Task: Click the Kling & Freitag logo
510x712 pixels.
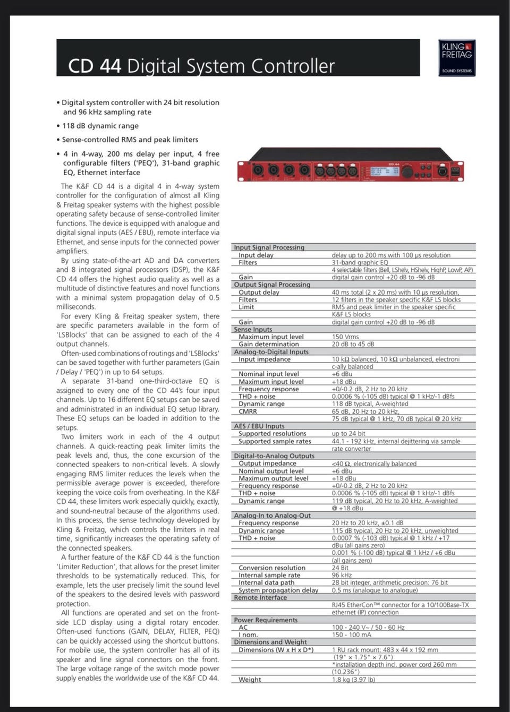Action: (x=456, y=57)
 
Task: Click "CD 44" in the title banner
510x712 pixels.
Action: (x=95, y=66)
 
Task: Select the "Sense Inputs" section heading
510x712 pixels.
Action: (x=253, y=329)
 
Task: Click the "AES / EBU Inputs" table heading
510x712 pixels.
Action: (x=259, y=426)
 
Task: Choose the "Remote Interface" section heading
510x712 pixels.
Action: (x=260, y=597)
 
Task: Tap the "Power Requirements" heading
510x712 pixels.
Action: (x=266, y=620)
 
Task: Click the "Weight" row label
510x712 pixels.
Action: (x=250, y=679)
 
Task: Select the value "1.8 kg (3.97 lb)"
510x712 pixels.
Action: (x=353, y=679)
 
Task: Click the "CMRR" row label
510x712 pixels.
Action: (x=248, y=411)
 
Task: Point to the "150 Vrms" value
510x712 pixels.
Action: (x=345, y=337)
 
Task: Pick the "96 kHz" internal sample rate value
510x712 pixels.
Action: (x=342, y=575)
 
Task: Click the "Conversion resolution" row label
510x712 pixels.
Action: (x=272, y=568)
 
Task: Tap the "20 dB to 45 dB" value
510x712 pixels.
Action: (x=353, y=344)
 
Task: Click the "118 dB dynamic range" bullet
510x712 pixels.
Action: (x=100, y=126)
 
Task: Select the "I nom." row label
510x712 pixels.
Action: (x=248, y=634)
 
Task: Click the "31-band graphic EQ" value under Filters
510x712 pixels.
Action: (x=360, y=262)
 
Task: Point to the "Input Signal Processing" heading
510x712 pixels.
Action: (x=269, y=247)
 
